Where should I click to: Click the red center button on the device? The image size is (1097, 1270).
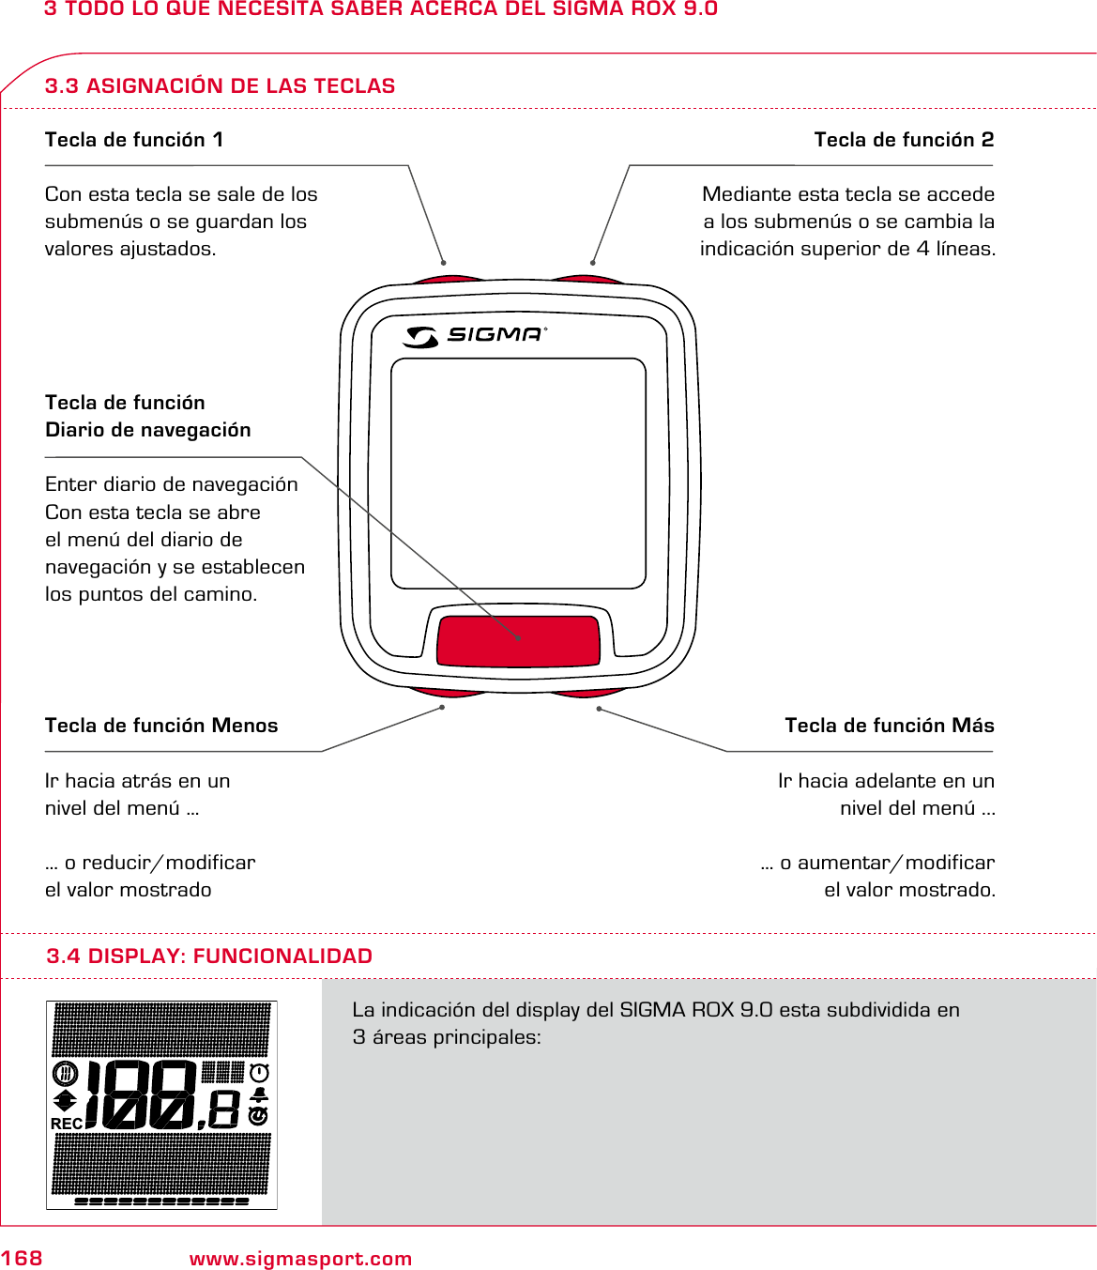518,640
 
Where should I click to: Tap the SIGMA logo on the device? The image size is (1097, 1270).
475,335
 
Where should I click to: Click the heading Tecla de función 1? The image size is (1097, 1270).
134,140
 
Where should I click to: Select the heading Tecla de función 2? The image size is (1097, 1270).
904,140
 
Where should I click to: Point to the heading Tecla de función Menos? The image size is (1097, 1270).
161,726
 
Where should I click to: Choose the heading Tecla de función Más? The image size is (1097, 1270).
890,726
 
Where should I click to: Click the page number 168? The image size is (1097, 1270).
22,1259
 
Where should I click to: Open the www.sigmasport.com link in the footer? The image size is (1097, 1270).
300,1259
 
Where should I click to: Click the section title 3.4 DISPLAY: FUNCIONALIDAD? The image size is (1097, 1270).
209,956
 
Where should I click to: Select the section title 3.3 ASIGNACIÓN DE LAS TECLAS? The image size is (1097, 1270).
220,86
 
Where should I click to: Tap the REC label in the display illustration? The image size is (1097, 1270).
67,1124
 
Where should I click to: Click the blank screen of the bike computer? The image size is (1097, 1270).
518,473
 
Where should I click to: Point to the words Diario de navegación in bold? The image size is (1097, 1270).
148,430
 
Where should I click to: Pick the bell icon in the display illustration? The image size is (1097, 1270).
260,1094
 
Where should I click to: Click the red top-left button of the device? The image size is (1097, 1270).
450,280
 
